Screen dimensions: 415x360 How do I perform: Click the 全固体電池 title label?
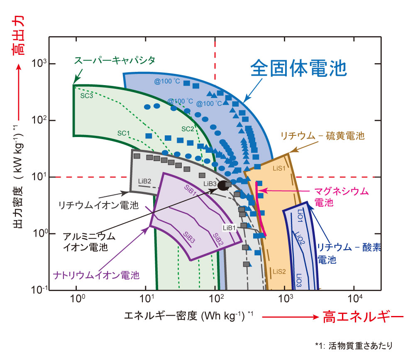pos(298,68)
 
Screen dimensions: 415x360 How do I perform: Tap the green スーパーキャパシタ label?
pos(115,60)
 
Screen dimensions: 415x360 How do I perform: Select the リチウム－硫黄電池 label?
pos(322,136)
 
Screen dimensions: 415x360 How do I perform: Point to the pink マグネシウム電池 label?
pos(341,196)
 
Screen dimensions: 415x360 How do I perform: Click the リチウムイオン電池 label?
pos(98,205)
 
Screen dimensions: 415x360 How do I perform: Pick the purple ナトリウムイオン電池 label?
pos(96,275)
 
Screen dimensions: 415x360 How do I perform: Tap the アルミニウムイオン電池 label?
pos(89,242)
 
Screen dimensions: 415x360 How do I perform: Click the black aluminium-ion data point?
pos(223,186)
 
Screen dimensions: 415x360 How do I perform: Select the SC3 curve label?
pos(87,96)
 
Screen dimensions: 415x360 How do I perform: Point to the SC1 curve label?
pos(124,133)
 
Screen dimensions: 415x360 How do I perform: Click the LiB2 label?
pos(144,181)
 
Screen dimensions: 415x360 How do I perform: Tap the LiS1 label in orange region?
pos(279,168)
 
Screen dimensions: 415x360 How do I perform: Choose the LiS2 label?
pos(279,272)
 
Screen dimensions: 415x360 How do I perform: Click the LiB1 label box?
pos(229,228)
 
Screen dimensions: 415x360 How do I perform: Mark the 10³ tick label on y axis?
pos(39,63)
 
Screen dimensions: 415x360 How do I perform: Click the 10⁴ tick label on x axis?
pos(355,298)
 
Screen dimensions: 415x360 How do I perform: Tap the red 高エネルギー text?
pos(363,317)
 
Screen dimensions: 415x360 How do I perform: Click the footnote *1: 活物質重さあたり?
pos(354,345)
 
